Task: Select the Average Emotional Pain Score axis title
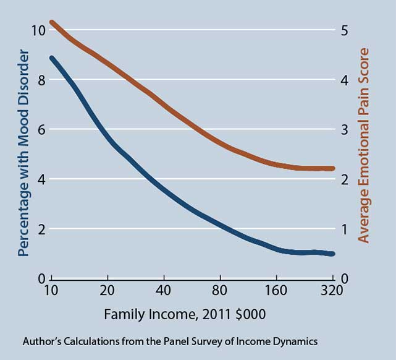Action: (x=364, y=145)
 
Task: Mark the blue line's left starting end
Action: (x=52, y=58)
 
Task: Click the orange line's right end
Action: (x=332, y=168)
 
